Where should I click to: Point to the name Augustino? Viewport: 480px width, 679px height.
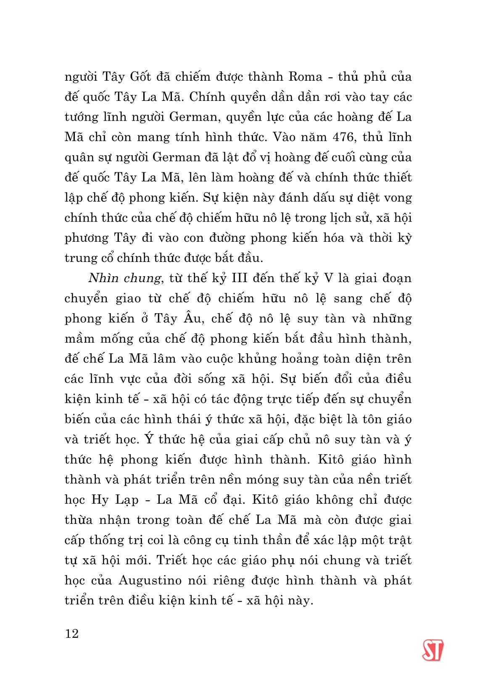(x=150, y=580)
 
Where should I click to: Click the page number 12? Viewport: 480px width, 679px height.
(x=72, y=633)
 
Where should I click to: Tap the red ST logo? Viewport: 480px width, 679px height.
(x=433, y=650)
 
